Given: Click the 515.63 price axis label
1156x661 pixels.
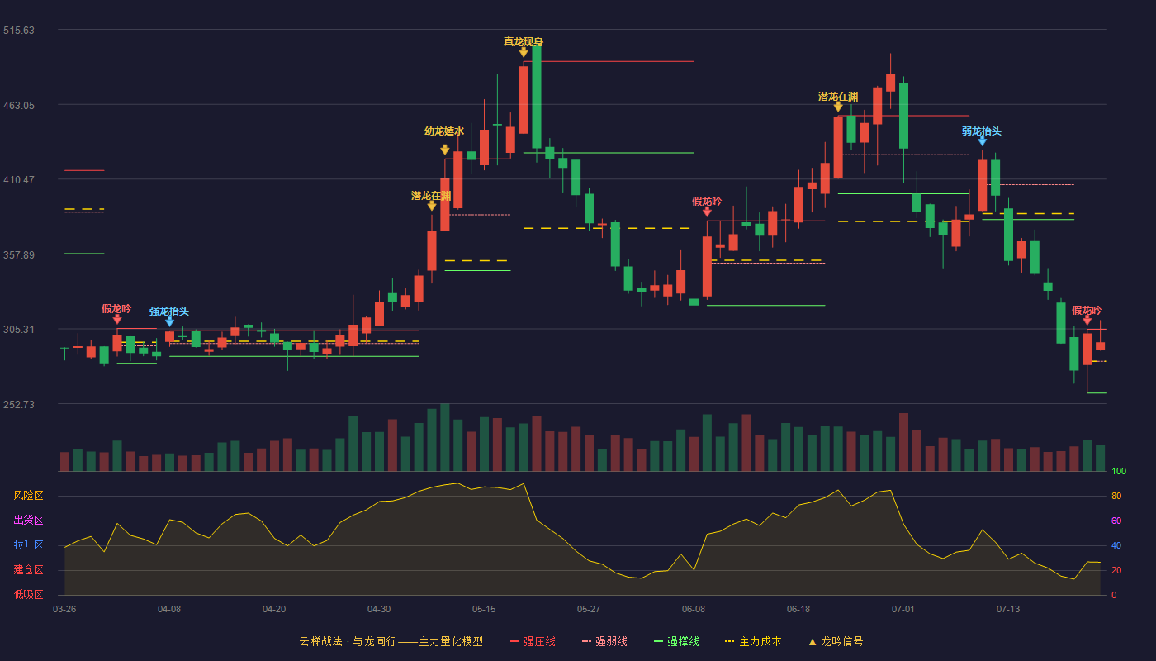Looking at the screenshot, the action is pos(18,31).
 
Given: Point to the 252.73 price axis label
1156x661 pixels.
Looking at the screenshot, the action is pos(18,404).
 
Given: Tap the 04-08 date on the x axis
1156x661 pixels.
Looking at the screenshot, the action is pos(169,610).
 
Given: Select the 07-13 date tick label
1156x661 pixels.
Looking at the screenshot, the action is pos(1008,610).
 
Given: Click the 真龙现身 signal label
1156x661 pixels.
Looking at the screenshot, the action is pos(524,42).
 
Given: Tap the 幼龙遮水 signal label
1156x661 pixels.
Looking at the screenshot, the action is pos(444,131).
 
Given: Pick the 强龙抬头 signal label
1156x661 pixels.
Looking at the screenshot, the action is pos(168,311).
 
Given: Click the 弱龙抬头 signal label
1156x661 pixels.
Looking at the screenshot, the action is pos(982,131).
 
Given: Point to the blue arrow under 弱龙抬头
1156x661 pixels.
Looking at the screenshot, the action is pos(982,141).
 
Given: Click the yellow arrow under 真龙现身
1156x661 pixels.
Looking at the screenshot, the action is pos(524,52).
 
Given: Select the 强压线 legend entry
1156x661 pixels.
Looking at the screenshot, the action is pos(533,641).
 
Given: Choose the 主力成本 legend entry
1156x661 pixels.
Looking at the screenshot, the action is pos(753,641).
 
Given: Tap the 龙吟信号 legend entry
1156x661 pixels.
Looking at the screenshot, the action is pos(836,641).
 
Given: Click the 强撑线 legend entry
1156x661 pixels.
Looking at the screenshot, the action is pos(676,641).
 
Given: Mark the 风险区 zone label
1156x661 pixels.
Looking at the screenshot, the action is pos(28,496).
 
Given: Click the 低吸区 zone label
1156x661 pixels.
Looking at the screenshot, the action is pos(28,595).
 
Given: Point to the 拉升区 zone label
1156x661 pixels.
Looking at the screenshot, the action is pos(28,545).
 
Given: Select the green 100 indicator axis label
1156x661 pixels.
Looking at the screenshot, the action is pos(1119,471).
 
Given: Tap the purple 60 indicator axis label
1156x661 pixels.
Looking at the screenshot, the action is pos(1116,521).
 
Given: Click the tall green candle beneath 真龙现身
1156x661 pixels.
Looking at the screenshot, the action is pos(537,97).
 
